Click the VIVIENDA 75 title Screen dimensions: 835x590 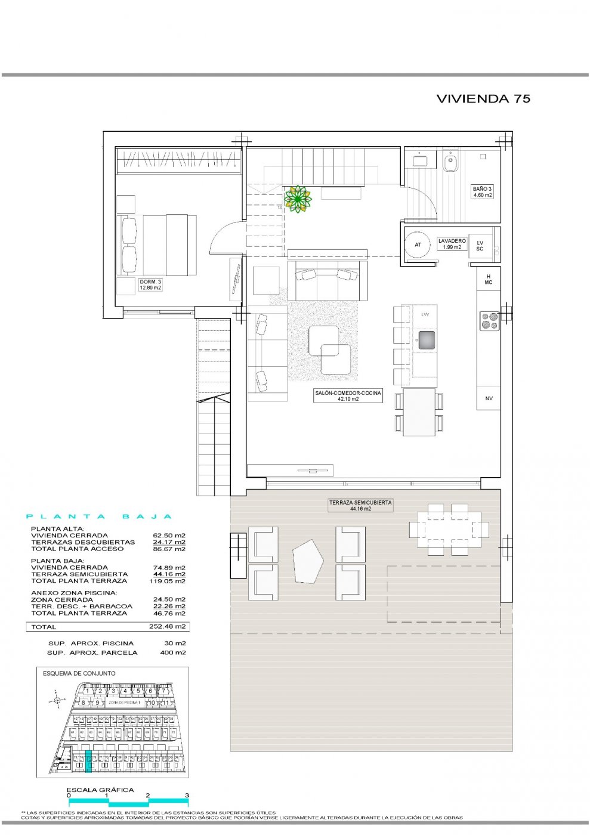pos(483,99)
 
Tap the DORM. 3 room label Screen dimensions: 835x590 pos(150,284)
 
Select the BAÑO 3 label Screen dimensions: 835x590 pos(482,191)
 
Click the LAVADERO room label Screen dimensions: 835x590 pos(452,243)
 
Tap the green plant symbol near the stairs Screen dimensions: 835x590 pos(298,199)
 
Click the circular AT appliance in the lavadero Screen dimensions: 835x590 pos(418,245)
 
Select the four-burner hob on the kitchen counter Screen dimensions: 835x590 pos(490,320)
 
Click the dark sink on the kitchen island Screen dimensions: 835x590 pos(427,340)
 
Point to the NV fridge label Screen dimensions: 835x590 pos(489,398)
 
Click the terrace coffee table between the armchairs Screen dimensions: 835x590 pos(308,561)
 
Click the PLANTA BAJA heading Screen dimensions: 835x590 pos(99,517)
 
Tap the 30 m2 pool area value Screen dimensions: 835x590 pos(175,644)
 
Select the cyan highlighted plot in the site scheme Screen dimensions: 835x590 pos(89,762)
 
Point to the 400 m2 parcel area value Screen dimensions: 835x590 pos(175,652)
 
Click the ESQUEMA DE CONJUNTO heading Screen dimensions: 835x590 pos(79,673)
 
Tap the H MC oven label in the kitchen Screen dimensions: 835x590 pos(489,279)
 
